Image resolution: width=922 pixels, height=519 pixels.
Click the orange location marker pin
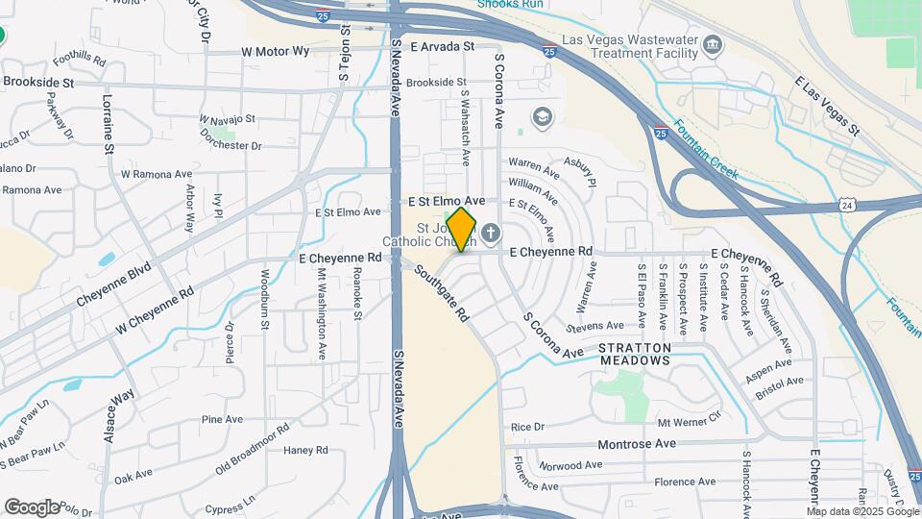462,229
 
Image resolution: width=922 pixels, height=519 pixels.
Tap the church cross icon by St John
491,233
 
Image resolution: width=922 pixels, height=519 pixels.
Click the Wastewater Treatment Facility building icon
713,44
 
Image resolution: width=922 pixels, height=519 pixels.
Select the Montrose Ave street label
637,443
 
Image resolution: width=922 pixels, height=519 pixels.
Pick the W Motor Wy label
276,51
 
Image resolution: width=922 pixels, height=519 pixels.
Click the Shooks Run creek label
512,4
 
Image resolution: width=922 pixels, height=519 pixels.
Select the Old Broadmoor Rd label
253,448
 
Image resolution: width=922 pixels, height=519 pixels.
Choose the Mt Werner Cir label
688,421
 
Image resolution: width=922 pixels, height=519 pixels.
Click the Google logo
32,507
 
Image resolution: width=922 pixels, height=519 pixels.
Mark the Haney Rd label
306,450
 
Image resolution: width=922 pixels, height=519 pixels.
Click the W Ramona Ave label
157,174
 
